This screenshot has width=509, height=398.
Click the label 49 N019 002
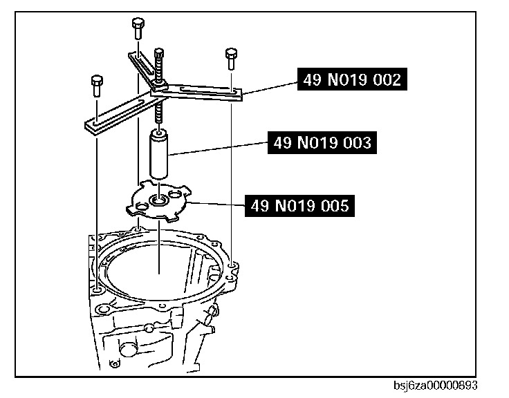350,80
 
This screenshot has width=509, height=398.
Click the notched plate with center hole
160,202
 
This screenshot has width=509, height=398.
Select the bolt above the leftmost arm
95,85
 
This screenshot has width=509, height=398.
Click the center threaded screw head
160,55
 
